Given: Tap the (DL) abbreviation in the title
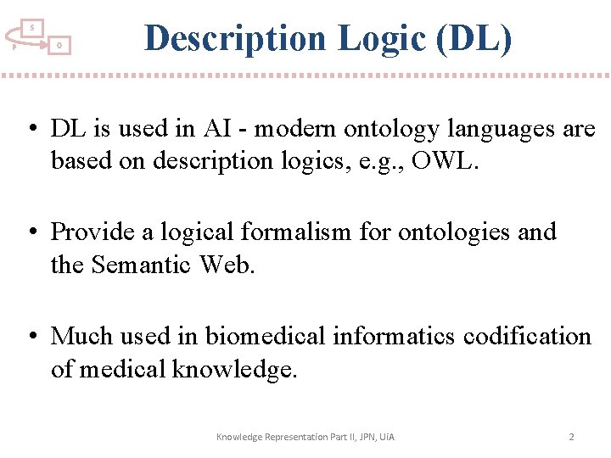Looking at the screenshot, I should click(x=477, y=38).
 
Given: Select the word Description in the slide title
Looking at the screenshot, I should click(x=234, y=38).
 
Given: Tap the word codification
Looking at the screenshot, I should click(x=527, y=337).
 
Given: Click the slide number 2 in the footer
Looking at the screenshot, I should click(x=571, y=437).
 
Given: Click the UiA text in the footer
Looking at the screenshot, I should click(x=386, y=437).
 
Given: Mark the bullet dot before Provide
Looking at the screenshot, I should click(x=31, y=232).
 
